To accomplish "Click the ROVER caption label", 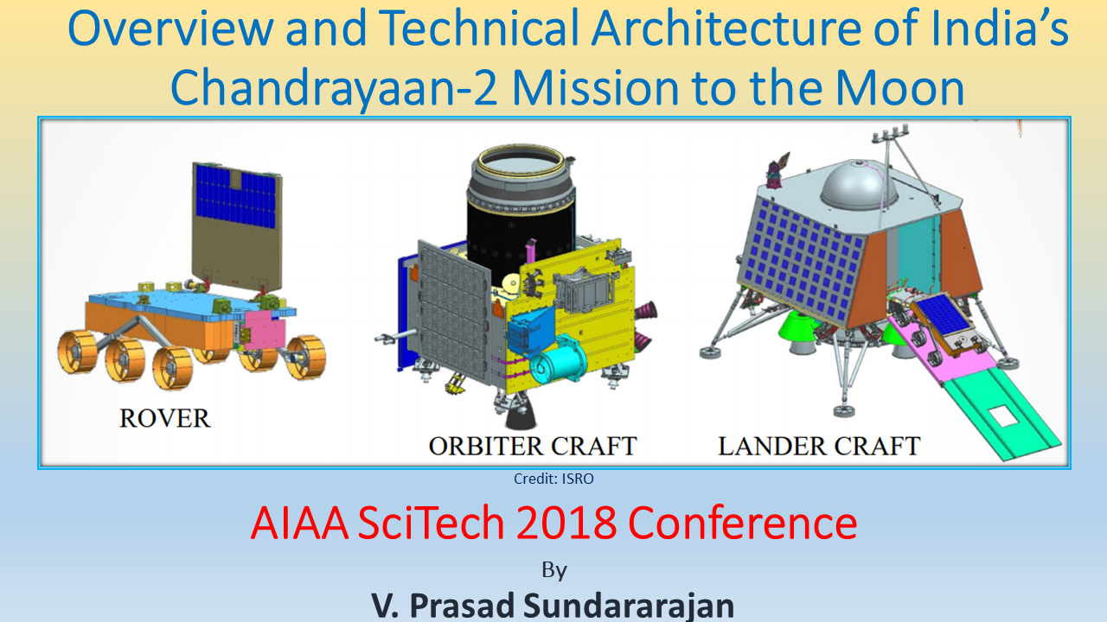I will point(164,419).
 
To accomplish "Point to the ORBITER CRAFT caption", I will point(533,446).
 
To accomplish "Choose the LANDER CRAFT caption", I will point(819,446).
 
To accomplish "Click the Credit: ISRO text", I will point(553,478).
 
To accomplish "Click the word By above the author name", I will point(553,569).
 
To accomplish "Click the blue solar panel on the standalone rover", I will point(234,195).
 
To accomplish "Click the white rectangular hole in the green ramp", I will point(1005,416).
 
